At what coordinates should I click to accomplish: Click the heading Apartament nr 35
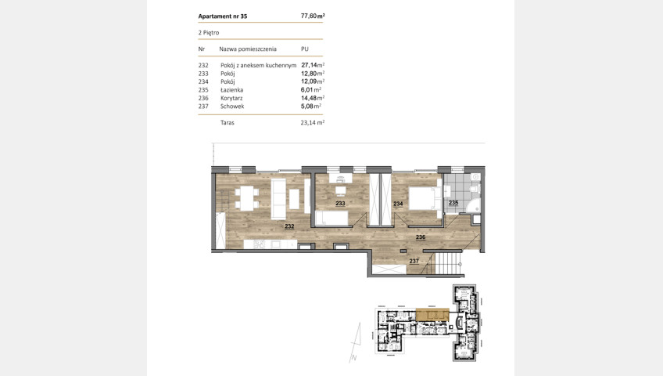pos(223,16)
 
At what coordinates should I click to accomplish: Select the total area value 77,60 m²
pos(313,16)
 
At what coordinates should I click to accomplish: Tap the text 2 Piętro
pos(209,33)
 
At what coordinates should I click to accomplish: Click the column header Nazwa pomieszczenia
pos(248,49)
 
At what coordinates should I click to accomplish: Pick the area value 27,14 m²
pos(313,65)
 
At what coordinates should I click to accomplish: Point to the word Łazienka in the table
pos(231,90)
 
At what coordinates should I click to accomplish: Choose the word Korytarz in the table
pos(231,98)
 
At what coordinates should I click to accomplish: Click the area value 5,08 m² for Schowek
pos(311,107)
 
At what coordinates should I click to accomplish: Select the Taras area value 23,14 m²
pos(313,123)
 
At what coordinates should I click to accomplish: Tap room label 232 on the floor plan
pos(289,226)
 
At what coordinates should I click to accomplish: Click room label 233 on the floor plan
pos(340,204)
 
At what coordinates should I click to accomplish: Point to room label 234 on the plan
pos(398,204)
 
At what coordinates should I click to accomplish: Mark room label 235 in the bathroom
pos(453,203)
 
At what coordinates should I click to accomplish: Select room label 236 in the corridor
pos(421,237)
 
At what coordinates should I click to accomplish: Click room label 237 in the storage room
pos(414,262)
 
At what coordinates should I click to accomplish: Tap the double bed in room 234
pos(425,199)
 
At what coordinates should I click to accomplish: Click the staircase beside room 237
pos(448,263)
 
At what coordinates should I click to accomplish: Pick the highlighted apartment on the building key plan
pos(432,315)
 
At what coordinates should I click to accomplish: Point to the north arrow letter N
pos(354,358)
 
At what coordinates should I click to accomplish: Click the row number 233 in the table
pos(203,74)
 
